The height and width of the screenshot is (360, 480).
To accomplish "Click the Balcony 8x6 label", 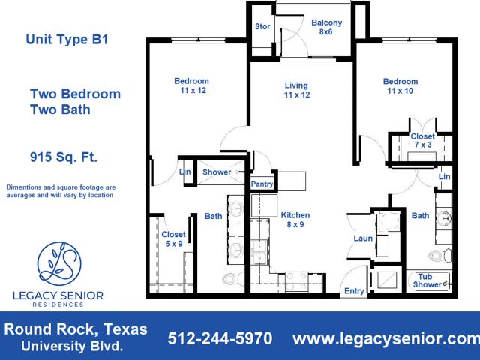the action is coord(326,27).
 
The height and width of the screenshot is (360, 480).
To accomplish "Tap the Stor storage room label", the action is coord(262,27).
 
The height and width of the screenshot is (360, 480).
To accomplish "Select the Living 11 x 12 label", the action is coord(297,90).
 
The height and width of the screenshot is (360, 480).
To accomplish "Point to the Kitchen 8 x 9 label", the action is coord(295,220).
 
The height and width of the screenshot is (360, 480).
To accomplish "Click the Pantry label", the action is coord(262,184).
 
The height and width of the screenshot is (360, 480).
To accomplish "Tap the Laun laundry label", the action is coord(363,238).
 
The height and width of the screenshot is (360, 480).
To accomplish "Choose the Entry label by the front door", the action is coord(354,291).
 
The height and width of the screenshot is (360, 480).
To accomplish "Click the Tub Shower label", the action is coord(427,280).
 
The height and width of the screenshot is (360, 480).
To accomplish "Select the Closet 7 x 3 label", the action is coord(423,140).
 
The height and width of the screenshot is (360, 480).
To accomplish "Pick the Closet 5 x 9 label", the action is coord(173,239).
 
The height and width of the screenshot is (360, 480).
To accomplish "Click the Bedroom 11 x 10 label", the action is coord(400,86).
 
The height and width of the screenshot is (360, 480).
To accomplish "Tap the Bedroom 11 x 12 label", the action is coord(192,85).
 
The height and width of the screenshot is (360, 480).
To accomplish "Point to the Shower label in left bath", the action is coord(217,172).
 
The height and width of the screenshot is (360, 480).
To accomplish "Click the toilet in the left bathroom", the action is coord(232,278).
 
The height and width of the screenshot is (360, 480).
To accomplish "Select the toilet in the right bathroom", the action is coord(439,255).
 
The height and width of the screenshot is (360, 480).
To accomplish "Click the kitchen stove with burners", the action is coord(296,281).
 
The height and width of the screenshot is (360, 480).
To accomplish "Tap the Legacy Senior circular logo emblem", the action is coord(59,264).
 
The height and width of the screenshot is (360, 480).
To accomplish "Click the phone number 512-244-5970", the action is coord(220,338).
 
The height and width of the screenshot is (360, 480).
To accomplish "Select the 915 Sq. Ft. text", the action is coord(63,157).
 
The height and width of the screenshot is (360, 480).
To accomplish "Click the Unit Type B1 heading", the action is coord(67,40).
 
